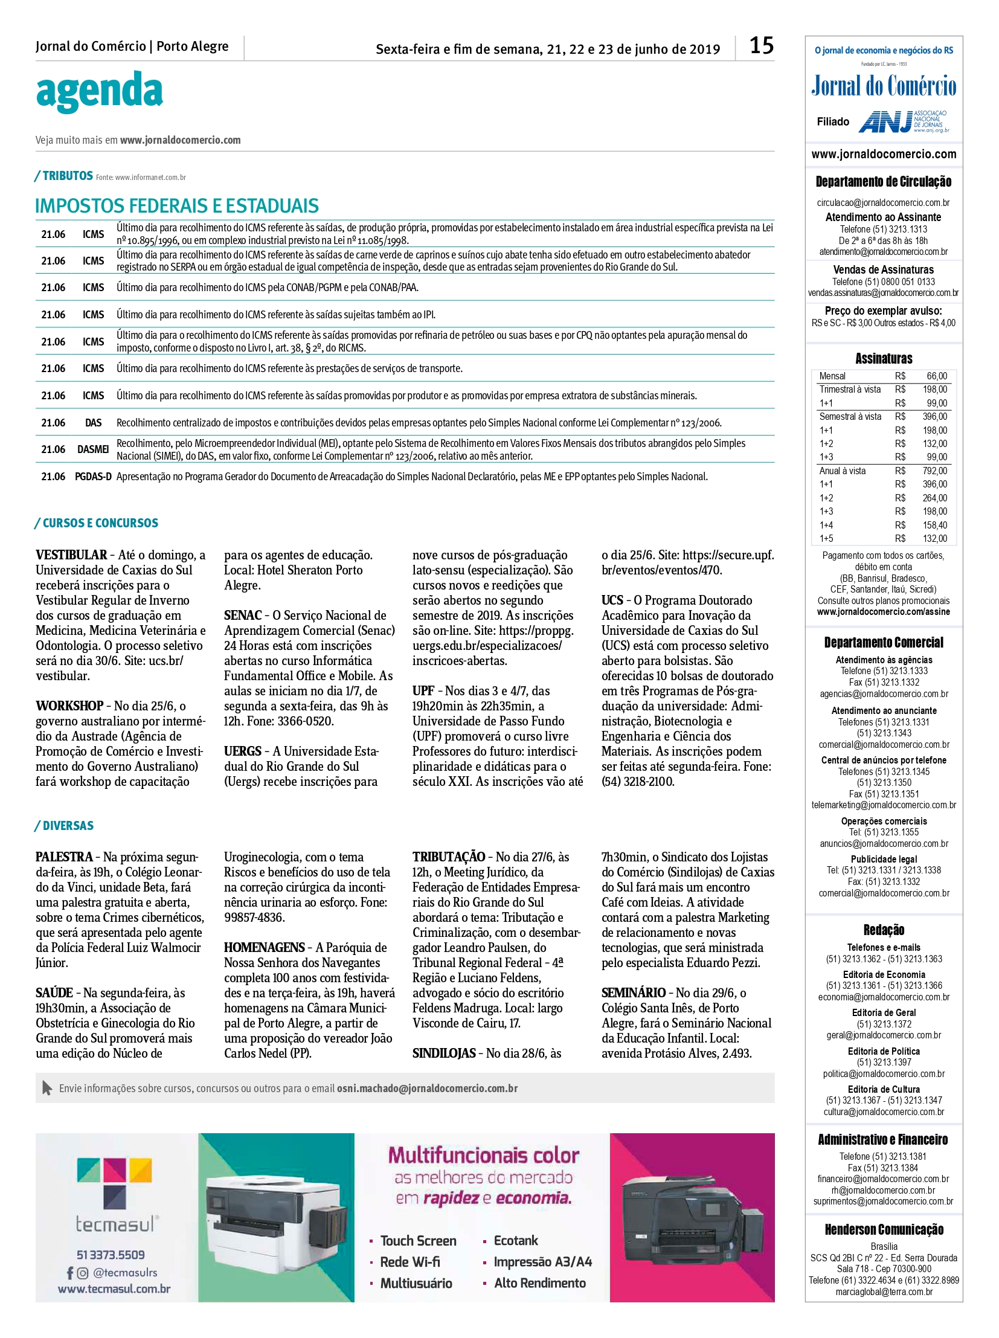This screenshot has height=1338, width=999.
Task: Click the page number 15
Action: tap(762, 46)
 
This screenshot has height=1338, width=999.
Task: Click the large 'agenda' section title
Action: tap(99, 92)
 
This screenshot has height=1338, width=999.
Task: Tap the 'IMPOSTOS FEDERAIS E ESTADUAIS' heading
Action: tap(176, 206)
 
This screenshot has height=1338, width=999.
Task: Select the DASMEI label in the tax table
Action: tap(93, 449)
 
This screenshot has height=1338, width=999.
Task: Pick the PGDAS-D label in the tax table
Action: tap(93, 477)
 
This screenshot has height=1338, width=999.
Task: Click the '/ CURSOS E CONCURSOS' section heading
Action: tap(97, 523)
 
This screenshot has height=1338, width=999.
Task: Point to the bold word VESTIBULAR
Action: tap(71, 555)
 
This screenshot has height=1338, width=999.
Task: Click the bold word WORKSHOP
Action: tap(69, 706)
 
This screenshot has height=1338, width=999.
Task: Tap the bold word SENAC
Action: tap(243, 616)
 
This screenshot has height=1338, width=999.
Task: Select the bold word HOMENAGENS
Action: tap(265, 948)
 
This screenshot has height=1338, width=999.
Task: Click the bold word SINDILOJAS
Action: tap(444, 1053)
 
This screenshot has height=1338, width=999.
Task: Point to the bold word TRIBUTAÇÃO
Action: tap(449, 857)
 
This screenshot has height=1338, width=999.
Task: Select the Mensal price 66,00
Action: tap(937, 376)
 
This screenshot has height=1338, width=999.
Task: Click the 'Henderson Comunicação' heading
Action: tap(884, 1230)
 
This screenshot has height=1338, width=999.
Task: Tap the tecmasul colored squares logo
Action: tap(115, 1183)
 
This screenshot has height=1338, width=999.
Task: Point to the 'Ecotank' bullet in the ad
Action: tap(515, 1241)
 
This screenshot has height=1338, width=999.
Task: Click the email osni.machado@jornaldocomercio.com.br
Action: tap(427, 1089)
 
